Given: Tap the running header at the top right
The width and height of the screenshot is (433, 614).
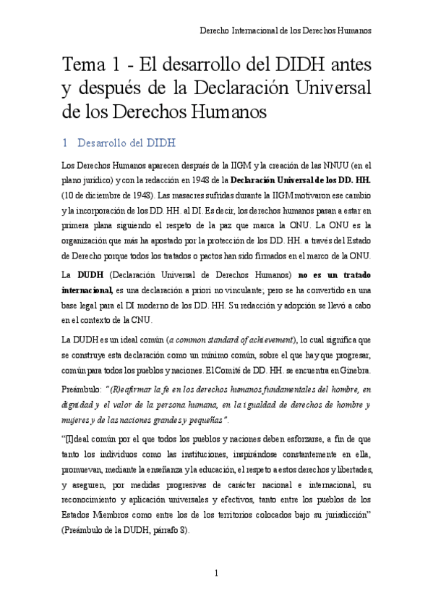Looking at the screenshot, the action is [285, 32].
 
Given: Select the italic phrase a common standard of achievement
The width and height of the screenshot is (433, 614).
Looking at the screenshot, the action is [231, 340].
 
